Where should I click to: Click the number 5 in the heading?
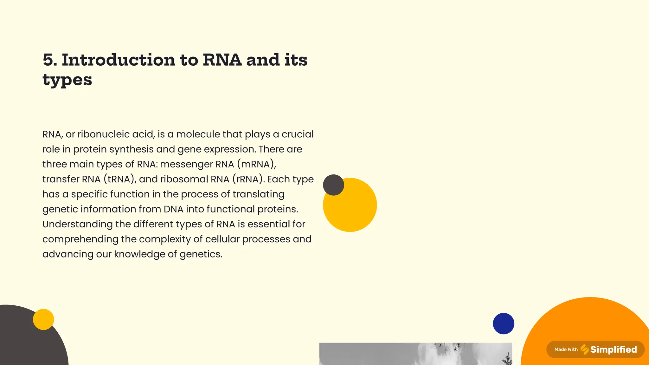(x=49, y=60)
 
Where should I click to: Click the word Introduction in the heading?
(x=118, y=60)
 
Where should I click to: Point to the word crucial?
(x=297, y=134)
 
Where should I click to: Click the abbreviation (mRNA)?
(x=256, y=164)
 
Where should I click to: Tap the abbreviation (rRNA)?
(x=248, y=179)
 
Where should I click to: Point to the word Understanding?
(x=77, y=224)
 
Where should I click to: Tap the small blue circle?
(x=503, y=323)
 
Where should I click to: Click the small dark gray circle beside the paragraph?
(x=333, y=185)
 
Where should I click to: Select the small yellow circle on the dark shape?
(x=43, y=319)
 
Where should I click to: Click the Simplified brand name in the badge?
(x=613, y=349)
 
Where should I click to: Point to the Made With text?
(x=566, y=349)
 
